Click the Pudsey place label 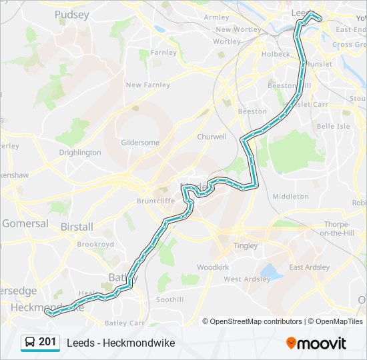coord(71,14)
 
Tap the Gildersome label coord(140,143)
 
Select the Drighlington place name coord(79,153)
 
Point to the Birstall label coord(77,227)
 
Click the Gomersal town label coord(25,223)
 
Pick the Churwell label coord(212,137)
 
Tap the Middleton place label coord(290,197)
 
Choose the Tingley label coord(246,246)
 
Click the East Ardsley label coord(309,267)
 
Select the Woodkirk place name coord(213,267)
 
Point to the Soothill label coord(169,300)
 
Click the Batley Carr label coord(125,323)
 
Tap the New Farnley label coord(147,85)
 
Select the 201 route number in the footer coord(47,342)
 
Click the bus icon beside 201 coord(30,343)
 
